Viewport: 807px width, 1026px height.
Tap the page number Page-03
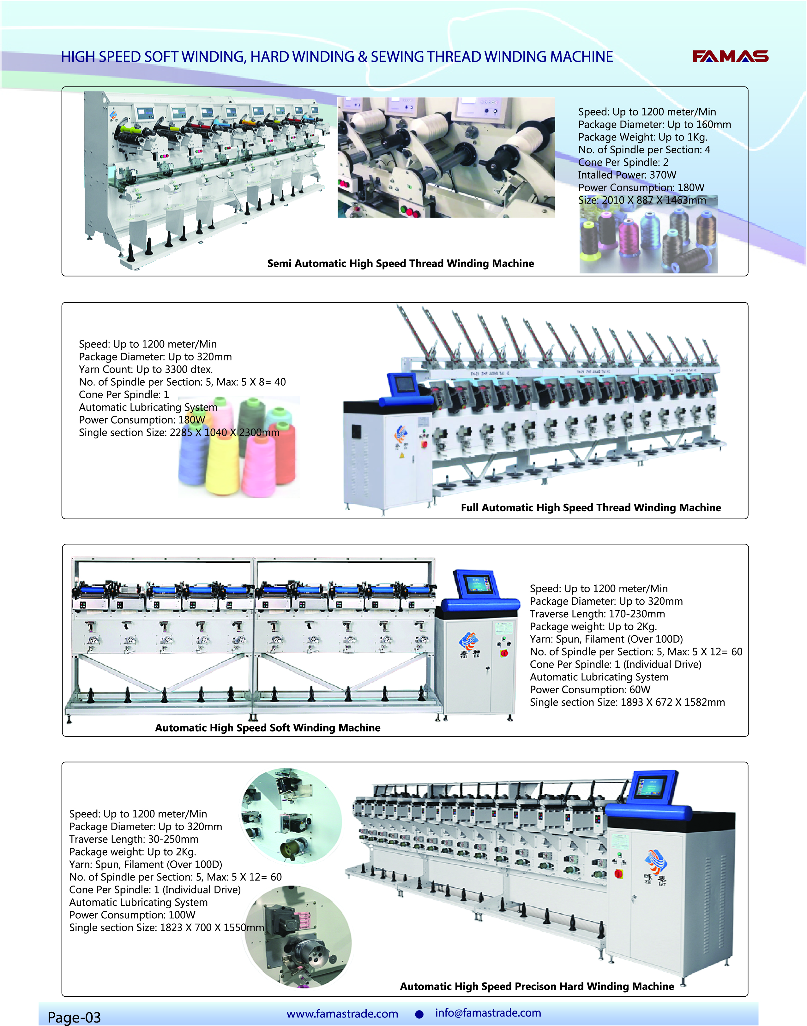pos(74,1017)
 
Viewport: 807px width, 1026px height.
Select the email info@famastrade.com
pos(488,1012)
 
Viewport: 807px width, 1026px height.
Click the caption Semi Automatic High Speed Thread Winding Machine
pos(400,264)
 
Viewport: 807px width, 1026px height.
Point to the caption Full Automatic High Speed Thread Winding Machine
pos(591,507)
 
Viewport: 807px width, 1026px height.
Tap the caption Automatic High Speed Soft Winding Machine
pos(268,727)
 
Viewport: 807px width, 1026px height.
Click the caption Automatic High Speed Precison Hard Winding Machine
pos(537,986)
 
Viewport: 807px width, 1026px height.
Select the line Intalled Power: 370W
pos(627,175)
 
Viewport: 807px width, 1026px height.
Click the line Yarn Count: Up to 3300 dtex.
pos(146,369)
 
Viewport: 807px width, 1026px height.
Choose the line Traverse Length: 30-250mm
pos(134,839)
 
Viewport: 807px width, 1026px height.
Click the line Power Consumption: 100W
pos(132,915)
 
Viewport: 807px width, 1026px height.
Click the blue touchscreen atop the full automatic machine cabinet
pos(404,384)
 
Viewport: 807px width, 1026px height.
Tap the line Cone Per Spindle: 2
pos(623,163)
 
